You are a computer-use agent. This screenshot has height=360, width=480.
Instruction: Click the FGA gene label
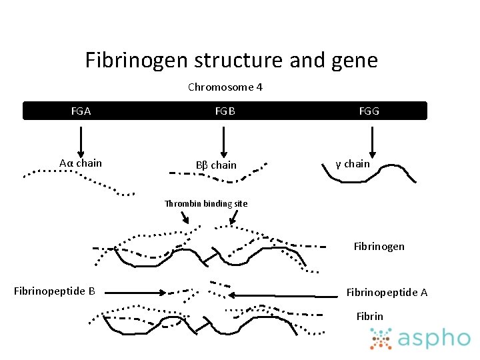point(81,111)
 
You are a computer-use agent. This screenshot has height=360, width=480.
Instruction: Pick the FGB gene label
point(225,111)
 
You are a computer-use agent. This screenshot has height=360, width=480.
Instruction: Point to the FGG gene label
point(369,111)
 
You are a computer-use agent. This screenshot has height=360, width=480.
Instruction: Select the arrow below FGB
point(224,141)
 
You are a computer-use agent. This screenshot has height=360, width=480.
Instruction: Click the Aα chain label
point(81,163)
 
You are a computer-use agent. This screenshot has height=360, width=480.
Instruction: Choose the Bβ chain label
point(216,165)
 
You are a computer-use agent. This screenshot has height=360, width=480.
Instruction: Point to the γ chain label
point(353,163)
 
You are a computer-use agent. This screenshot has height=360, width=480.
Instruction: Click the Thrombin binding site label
point(206,203)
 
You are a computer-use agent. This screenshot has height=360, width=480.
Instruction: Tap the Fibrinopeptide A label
point(387,292)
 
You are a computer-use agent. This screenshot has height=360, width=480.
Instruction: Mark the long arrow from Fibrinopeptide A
point(283,293)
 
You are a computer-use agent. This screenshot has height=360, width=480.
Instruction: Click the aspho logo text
point(434,338)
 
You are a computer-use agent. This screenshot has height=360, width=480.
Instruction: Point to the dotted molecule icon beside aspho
point(381,339)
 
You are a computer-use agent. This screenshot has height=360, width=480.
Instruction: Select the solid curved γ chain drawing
point(368,172)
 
